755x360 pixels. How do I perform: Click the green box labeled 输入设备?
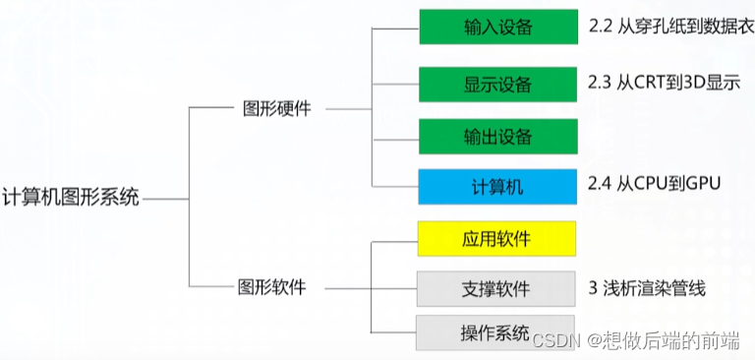(497, 28)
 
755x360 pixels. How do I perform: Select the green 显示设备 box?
(497, 83)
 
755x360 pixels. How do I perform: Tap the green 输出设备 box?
(497, 135)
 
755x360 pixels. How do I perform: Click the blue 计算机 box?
(497, 187)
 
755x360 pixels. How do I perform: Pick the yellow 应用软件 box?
(495, 239)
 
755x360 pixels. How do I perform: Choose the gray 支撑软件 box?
(495, 289)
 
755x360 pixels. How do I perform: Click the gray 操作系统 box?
(495, 331)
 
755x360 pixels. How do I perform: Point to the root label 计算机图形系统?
(72, 197)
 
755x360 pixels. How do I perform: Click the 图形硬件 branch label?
(276, 108)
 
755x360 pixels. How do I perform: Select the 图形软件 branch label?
(272, 288)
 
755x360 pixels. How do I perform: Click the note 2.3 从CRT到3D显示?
(663, 83)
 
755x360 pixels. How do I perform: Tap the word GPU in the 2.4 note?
(704, 183)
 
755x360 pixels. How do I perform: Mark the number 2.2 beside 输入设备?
(600, 27)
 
